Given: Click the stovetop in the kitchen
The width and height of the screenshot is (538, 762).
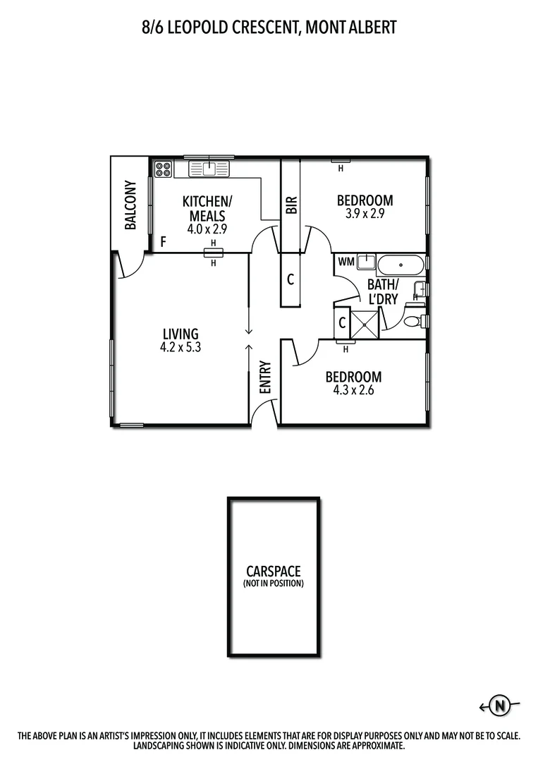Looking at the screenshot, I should [164, 169].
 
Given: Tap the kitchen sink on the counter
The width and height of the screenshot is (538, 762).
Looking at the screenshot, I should [209, 169].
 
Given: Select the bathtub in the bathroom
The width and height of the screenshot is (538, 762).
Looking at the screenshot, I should [401, 266].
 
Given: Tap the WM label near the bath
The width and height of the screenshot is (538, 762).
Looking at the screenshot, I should [346, 262].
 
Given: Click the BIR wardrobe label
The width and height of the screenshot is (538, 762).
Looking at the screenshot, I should [292, 205].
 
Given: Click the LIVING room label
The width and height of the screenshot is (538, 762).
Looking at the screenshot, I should [181, 334].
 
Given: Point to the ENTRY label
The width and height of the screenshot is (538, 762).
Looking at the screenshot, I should [265, 377].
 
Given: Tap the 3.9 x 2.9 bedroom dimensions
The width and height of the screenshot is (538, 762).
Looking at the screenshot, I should [365, 214].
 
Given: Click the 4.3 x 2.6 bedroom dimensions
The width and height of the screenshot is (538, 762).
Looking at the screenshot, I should [353, 389].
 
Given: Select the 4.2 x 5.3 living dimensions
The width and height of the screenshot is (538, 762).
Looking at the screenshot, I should [181, 346].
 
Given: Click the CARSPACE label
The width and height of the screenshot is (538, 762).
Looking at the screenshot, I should [273, 571].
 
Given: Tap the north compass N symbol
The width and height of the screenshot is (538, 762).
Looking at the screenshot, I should [500, 705].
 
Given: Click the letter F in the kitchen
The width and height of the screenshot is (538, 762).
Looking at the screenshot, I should [163, 242].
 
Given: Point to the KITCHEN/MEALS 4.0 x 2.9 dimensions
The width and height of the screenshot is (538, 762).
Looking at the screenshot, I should [207, 229].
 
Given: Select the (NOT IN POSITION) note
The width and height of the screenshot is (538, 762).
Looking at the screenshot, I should [273, 583].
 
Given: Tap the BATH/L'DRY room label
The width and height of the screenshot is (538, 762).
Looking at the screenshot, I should [383, 291].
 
